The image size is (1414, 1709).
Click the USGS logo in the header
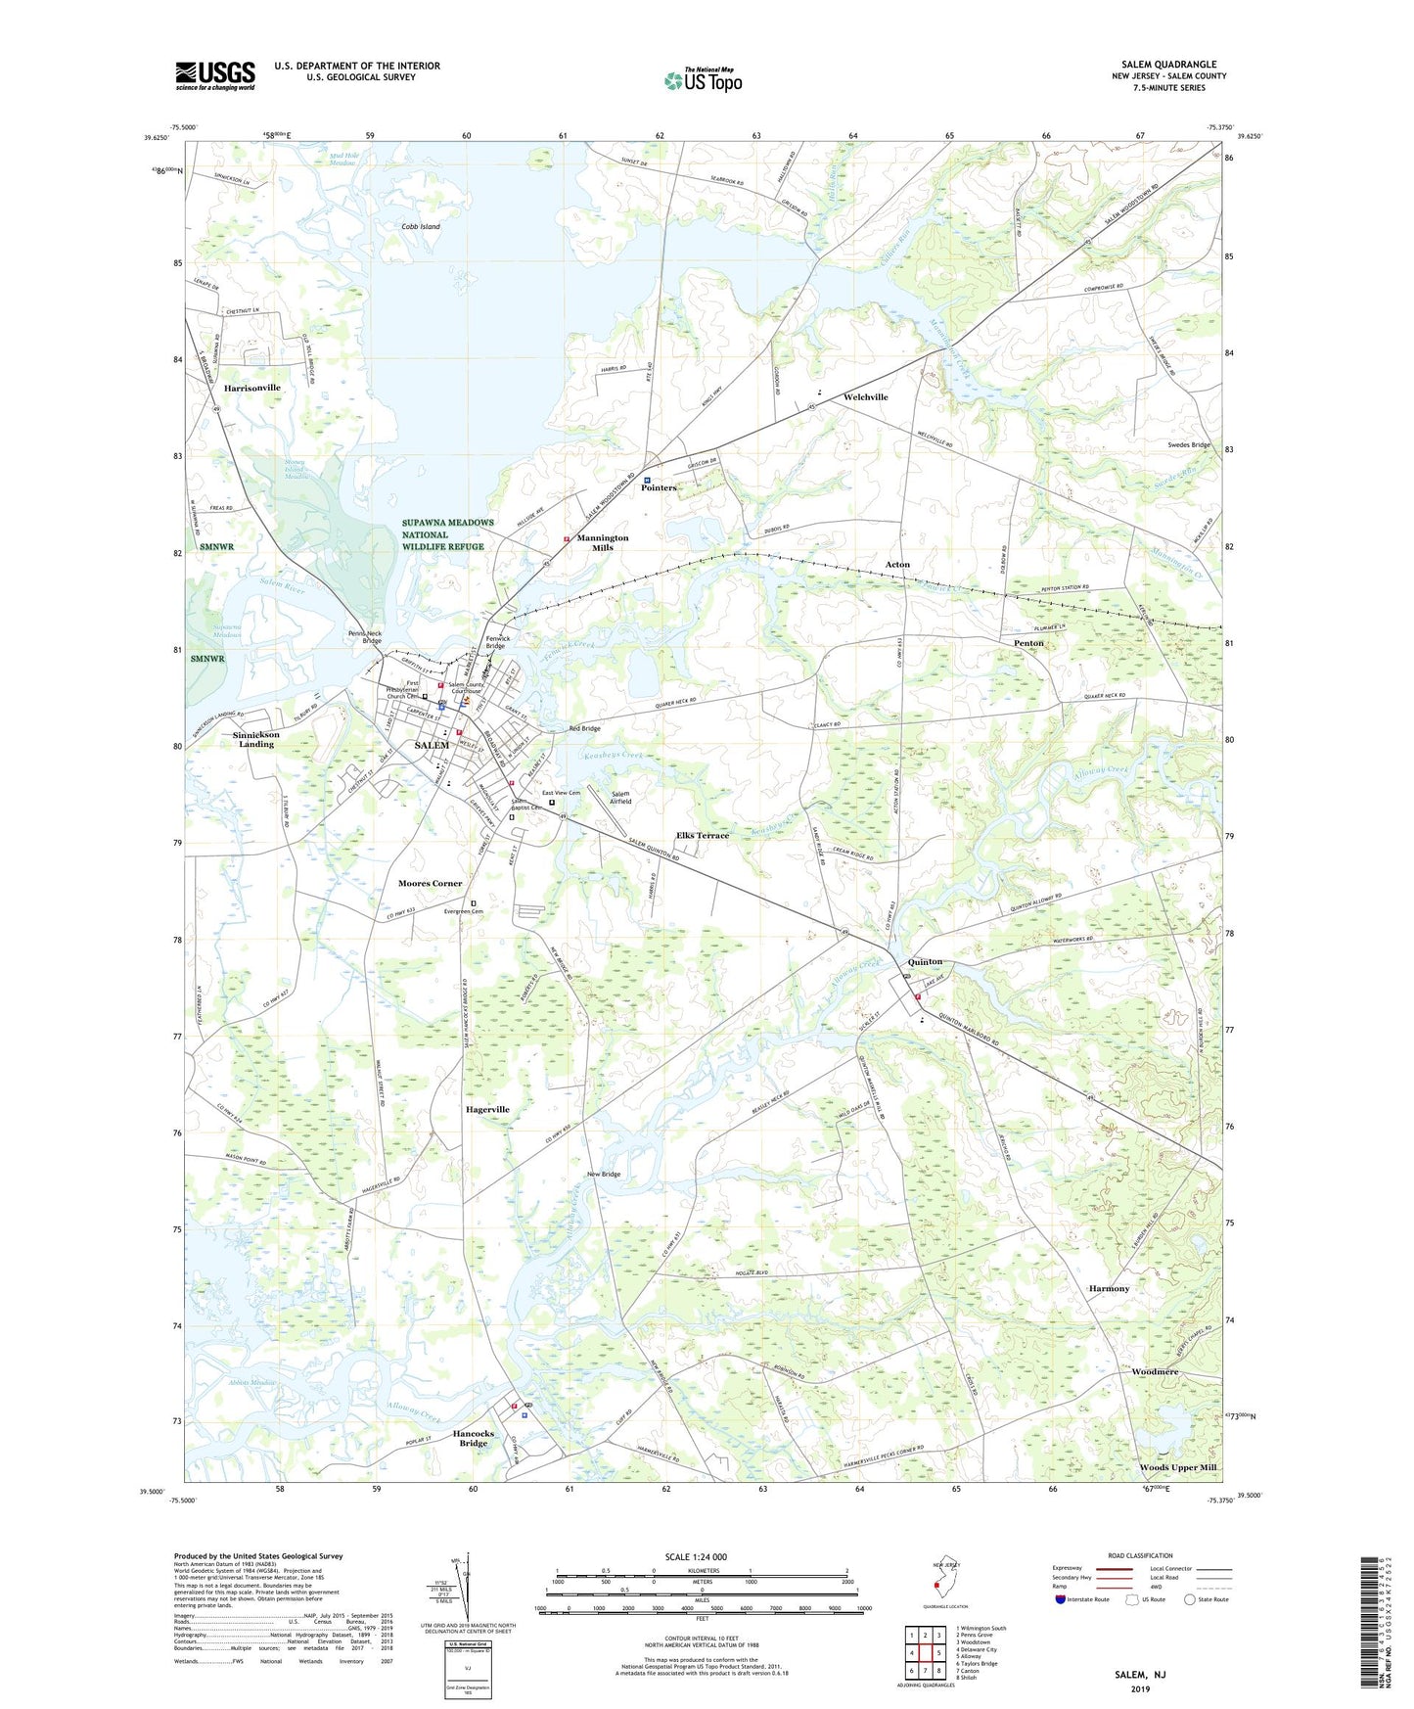pyautogui.click(x=215, y=75)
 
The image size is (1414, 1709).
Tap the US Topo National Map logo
pyautogui.click(x=703, y=80)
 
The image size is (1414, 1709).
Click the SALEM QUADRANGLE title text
pyautogui.click(x=1168, y=65)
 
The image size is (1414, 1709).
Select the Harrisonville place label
pyautogui.click(x=251, y=388)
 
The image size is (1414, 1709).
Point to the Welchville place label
pyautogui.click(x=865, y=396)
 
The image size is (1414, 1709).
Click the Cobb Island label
pyautogui.click(x=421, y=226)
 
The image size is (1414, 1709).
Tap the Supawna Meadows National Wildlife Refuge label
pyautogui.click(x=447, y=534)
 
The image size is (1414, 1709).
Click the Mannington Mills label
pyautogui.click(x=602, y=542)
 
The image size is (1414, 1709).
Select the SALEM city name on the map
pyautogui.click(x=432, y=745)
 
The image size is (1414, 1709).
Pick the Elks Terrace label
pyautogui.click(x=702, y=835)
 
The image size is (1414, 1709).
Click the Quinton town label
pyautogui.click(x=925, y=961)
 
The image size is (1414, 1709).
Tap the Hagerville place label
pyautogui.click(x=487, y=1109)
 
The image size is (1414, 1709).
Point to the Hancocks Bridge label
pyautogui.click(x=474, y=1438)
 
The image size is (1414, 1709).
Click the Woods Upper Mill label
pyautogui.click(x=1177, y=1467)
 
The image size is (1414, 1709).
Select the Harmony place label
pyautogui.click(x=1109, y=1288)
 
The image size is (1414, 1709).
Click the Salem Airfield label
pyautogui.click(x=620, y=797)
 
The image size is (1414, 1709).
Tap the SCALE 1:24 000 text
pyautogui.click(x=696, y=1556)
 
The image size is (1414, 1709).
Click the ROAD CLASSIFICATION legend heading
pyautogui.click(x=1139, y=1555)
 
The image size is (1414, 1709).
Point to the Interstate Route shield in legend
pyautogui.click(x=1061, y=1599)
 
